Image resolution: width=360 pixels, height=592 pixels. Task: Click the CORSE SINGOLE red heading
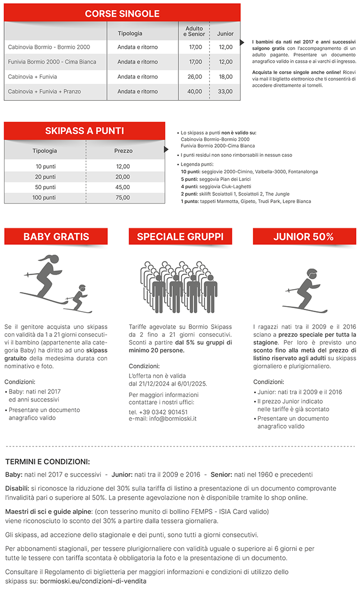click(122, 14)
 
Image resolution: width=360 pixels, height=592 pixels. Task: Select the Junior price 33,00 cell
click(225, 92)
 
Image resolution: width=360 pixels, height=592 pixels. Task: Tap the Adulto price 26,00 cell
click(195, 77)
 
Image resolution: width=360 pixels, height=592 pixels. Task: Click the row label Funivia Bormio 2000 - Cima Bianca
click(52, 62)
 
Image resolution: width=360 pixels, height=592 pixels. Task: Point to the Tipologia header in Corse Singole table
click(130, 33)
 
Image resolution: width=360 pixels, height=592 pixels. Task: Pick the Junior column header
click(225, 33)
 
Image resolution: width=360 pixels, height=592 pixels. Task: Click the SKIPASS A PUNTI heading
click(84, 131)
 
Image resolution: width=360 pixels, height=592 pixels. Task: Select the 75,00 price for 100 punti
click(123, 198)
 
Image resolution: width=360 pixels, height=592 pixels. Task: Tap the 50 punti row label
click(46, 187)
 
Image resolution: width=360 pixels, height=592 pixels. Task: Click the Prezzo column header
click(123, 151)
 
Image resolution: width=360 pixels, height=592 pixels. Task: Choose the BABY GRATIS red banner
click(56, 237)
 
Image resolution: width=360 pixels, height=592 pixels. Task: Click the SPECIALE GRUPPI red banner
click(180, 237)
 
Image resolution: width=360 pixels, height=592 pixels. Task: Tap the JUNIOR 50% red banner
click(303, 237)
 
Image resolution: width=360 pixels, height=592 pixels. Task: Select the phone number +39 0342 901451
click(158, 412)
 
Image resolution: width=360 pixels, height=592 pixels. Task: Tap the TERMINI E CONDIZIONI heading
click(47, 461)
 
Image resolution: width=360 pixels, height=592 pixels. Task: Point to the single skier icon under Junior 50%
click(305, 291)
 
